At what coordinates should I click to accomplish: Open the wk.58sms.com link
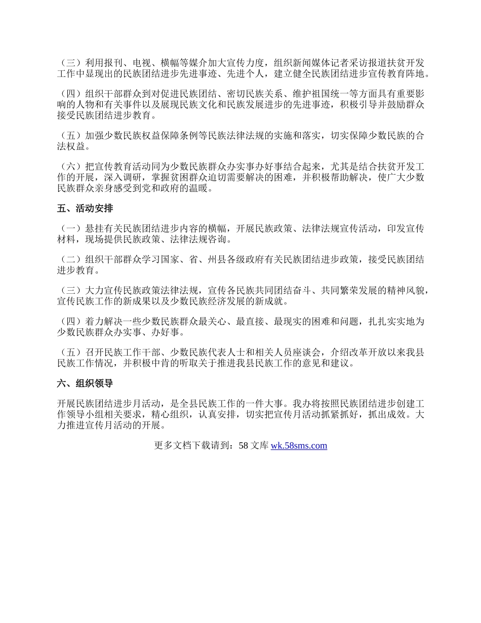(x=299, y=446)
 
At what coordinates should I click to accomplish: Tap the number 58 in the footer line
(x=243, y=446)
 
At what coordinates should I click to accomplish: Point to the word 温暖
(x=199, y=188)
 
